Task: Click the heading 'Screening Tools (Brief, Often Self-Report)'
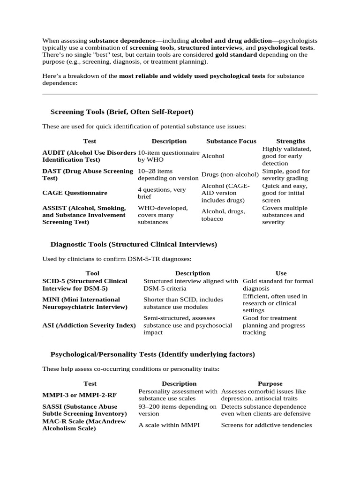pos(121,112)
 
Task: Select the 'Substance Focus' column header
pos(231,141)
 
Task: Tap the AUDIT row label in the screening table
pos(89,156)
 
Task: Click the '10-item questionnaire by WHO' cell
pos(168,156)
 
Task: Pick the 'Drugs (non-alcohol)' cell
pos(230,174)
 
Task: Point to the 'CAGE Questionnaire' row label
pos(75,193)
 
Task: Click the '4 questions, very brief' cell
pos(161,193)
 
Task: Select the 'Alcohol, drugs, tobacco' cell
pos(223,215)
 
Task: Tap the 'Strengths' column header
pos(291,141)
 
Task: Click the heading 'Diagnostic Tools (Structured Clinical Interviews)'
pos(133,244)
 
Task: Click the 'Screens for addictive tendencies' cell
pos(266,425)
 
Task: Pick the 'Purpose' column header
pos(270,383)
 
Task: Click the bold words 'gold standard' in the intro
pos(236,54)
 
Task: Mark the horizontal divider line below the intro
pos(180,94)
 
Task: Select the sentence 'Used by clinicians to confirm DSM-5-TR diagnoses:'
pos(117,259)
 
